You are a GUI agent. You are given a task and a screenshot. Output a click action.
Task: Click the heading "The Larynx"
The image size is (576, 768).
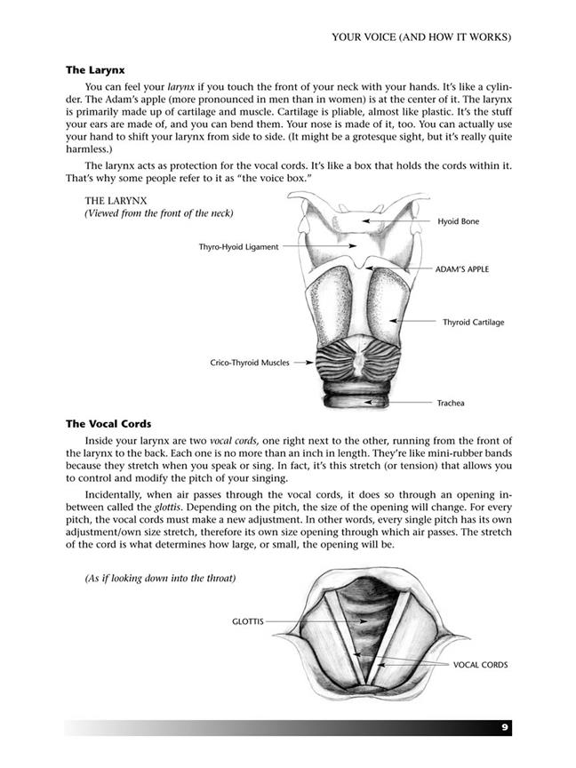coord(95,69)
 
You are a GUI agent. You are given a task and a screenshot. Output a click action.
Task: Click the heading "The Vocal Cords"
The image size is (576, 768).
coord(108,424)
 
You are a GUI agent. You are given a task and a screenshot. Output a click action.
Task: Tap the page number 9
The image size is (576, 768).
coord(504,727)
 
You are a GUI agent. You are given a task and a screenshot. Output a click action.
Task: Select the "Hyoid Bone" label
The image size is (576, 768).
coord(458,221)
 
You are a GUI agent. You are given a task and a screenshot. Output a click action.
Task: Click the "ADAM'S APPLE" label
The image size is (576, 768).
coord(461,268)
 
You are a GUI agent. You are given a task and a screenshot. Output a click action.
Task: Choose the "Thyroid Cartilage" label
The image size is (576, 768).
coord(473,322)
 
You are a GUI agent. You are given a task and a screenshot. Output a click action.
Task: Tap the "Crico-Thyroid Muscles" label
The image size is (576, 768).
coord(249,363)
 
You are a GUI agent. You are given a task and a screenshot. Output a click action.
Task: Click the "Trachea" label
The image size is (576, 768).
coord(450,403)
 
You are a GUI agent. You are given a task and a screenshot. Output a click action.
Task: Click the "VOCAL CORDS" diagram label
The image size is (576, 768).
coord(480,664)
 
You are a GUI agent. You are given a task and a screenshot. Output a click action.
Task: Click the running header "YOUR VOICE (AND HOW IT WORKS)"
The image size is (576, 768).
coord(420,37)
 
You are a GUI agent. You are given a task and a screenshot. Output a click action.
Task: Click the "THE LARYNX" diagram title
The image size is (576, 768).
coord(117,201)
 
